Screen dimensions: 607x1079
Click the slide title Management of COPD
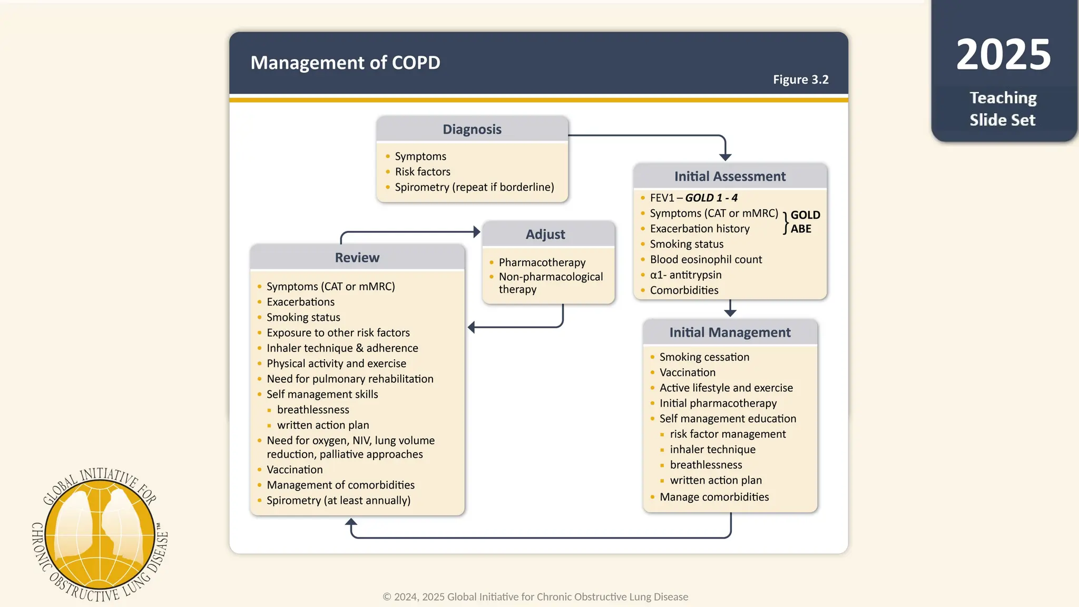pos(345,63)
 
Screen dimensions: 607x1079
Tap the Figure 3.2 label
pos(800,80)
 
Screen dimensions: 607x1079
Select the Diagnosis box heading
pos(472,129)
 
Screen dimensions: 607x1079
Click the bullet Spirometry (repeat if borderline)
pos(474,187)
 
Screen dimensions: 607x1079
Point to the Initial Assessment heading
pos(730,177)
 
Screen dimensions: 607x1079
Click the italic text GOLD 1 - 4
pos(711,198)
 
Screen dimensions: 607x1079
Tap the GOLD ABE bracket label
pos(804,222)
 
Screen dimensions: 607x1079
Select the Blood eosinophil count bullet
pos(705,259)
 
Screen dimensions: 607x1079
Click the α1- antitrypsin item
pos(685,275)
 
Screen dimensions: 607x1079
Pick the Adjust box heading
pos(545,234)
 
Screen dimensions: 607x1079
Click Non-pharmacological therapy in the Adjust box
pos(551,282)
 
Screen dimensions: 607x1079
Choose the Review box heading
pos(357,258)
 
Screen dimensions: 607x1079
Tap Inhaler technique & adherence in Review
pos(342,348)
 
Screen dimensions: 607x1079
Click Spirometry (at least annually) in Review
pos(338,500)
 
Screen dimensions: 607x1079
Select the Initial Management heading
pos(730,332)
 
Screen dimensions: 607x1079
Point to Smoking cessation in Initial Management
pos(704,357)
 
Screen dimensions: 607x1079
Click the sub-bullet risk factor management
pos(728,434)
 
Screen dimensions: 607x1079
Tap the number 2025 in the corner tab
pos(1003,55)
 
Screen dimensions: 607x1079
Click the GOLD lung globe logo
pos(100,535)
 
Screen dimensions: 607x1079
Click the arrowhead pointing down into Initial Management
pos(730,312)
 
